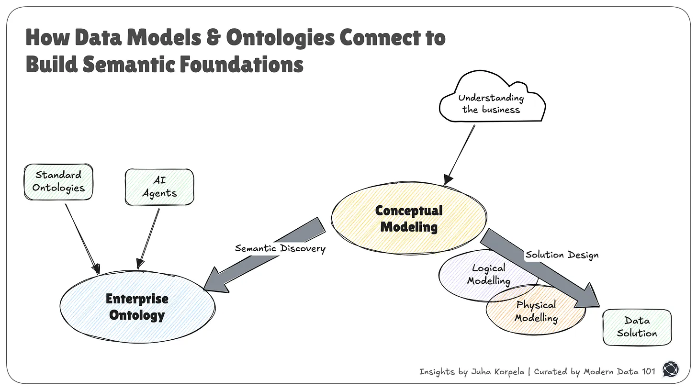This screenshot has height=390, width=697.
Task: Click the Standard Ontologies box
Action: tap(58, 181)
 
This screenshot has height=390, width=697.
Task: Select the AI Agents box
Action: tap(159, 187)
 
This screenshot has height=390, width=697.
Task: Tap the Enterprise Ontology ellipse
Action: tap(137, 307)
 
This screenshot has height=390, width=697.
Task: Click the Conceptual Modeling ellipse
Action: tap(409, 218)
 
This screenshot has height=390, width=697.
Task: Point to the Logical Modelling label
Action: tap(488, 274)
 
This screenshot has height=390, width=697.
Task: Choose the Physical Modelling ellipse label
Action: tap(536, 311)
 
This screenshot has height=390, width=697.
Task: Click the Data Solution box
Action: tap(637, 327)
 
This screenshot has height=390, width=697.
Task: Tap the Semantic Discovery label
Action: tap(280, 248)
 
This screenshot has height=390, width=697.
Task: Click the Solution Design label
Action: tap(562, 255)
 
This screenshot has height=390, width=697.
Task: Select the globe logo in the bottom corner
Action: tap(671, 369)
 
